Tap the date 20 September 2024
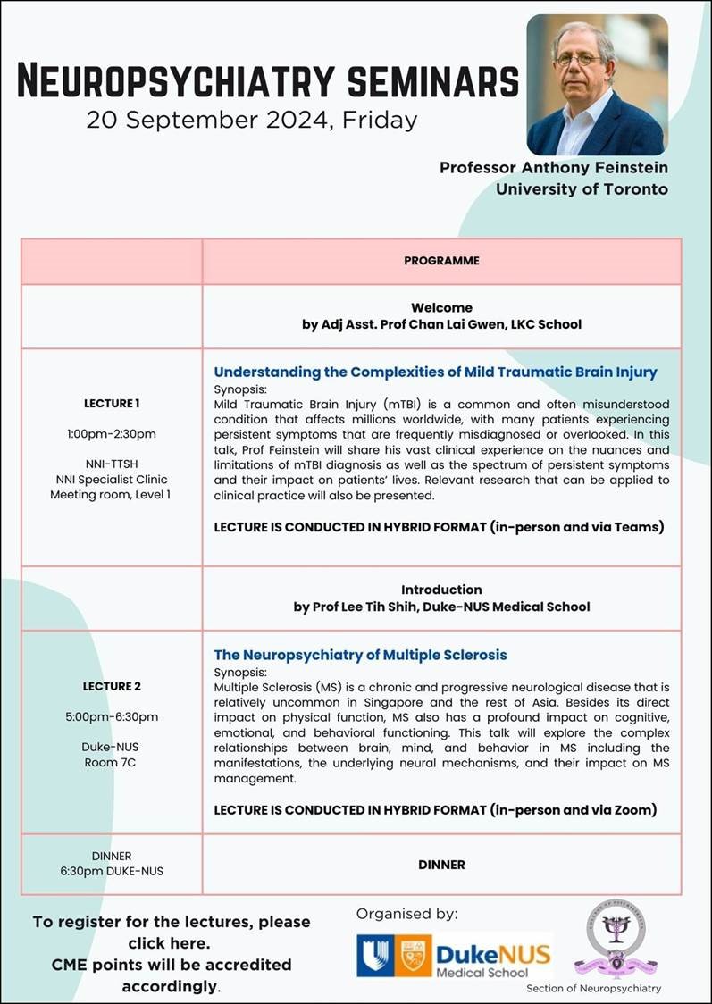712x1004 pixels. pos(205,120)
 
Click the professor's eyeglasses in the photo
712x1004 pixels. pos(579,59)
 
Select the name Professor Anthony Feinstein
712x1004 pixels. pos(553,168)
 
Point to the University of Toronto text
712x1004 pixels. pos(582,188)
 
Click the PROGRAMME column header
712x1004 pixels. pos(441,261)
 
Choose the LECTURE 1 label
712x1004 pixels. pos(112,403)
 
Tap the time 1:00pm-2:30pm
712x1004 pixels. pos(112,434)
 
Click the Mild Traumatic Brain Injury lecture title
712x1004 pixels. pos(435,372)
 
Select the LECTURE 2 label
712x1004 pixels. pos(112,686)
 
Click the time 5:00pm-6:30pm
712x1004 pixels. pos(112,716)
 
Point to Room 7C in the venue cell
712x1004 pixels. pos(112,762)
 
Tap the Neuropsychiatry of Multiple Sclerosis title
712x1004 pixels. pos(360,655)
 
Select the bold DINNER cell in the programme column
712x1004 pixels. pos(441,865)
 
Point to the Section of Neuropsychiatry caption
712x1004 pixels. pos(594,988)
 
